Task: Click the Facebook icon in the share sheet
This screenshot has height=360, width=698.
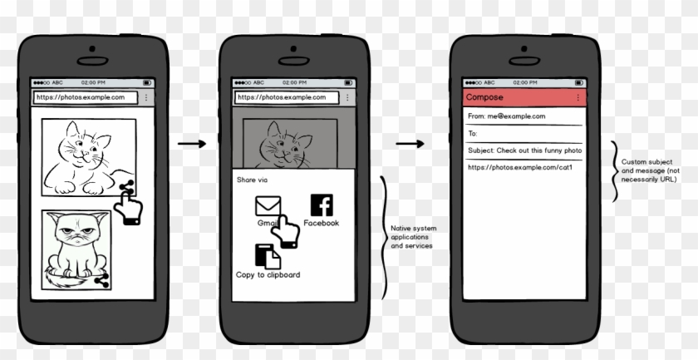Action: [321, 205]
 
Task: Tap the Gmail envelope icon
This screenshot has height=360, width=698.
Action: [268, 206]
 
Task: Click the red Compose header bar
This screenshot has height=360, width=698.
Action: [519, 97]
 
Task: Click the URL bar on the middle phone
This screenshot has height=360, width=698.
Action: [288, 97]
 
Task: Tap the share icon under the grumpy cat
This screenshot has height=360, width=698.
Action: [103, 281]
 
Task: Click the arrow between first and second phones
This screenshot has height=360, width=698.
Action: [192, 144]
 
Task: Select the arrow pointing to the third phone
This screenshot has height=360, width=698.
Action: [410, 144]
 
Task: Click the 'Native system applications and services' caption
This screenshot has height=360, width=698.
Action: [412, 237]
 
